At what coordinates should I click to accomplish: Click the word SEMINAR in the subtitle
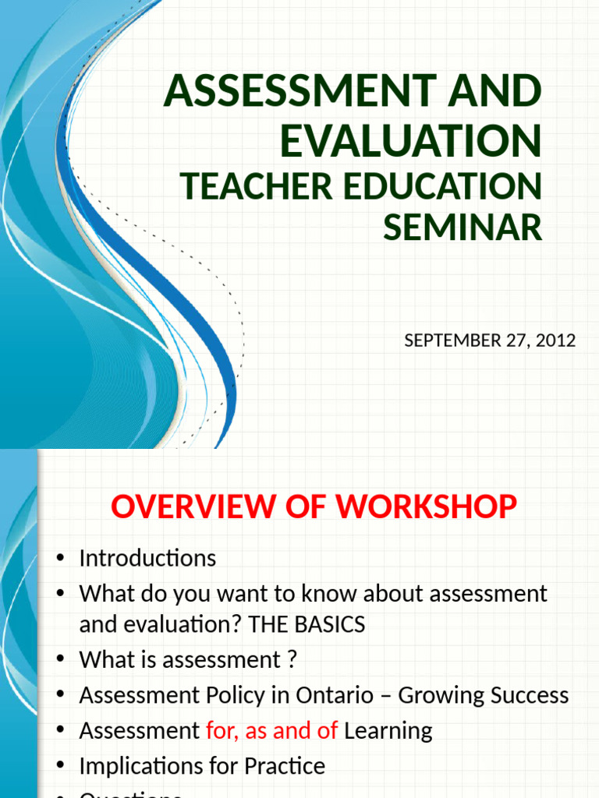point(463,228)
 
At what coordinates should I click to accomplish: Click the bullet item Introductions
point(147,558)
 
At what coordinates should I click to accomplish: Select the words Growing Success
point(484,695)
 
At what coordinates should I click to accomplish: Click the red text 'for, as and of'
point(271,730)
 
